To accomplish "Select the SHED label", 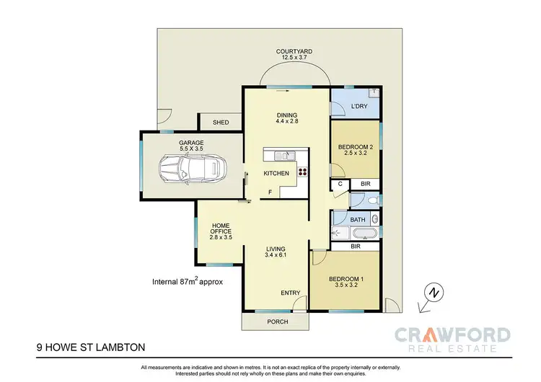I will pos(221,123).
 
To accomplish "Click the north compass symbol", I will pos(433,293).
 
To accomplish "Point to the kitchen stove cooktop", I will pos(302,172).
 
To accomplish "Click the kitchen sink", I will pos(280,155).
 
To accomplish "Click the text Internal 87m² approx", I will pos(187,282).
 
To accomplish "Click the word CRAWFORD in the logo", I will pos(453,335).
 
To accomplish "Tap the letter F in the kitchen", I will pos(270,192).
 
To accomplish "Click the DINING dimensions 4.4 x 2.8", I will pos(286,122).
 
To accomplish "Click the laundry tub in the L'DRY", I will pos(372,93).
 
